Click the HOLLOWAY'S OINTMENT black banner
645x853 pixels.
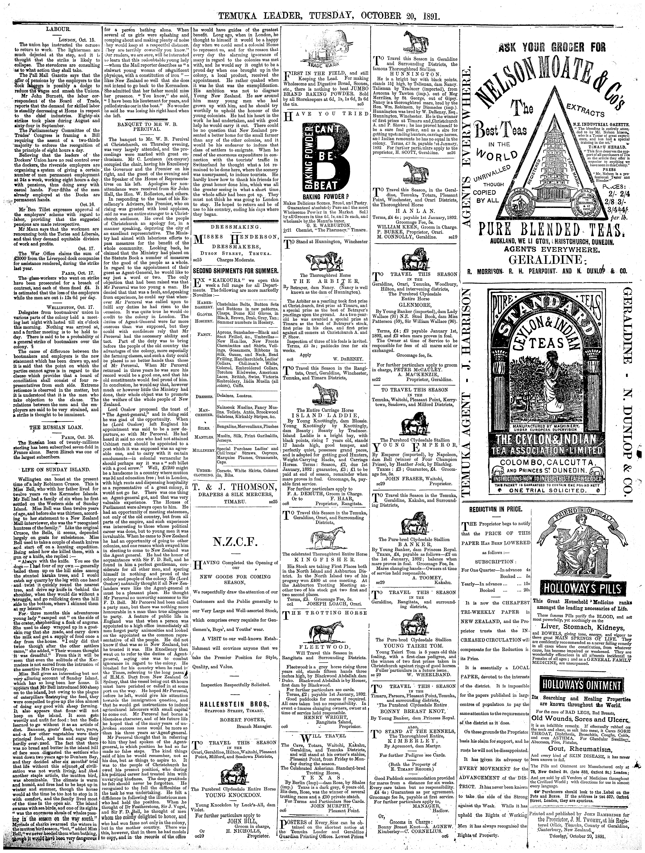pos(577,674)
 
